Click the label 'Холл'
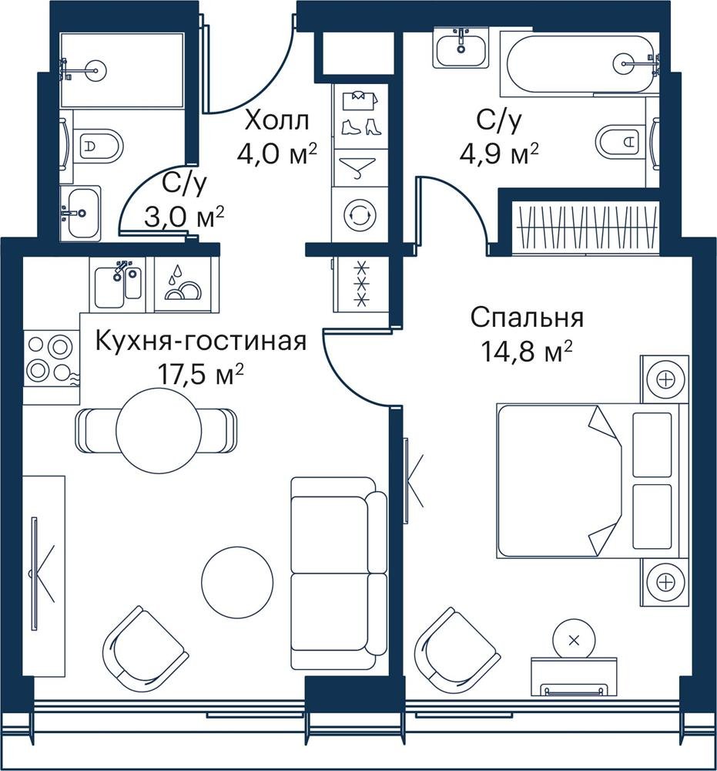[x=277, y=120]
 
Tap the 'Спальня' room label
[x=527, y=318]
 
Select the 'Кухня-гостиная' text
[x=201, y=341]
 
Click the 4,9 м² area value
[x=499, y=154]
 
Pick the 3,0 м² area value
[x=184, y=217]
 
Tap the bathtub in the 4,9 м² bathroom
[x=581, y=63]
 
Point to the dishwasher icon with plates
[x=183, y=285]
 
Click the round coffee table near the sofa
[x=238, y=582]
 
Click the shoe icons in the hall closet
[x=361, y=126]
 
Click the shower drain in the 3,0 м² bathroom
[x=93, y=69]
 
